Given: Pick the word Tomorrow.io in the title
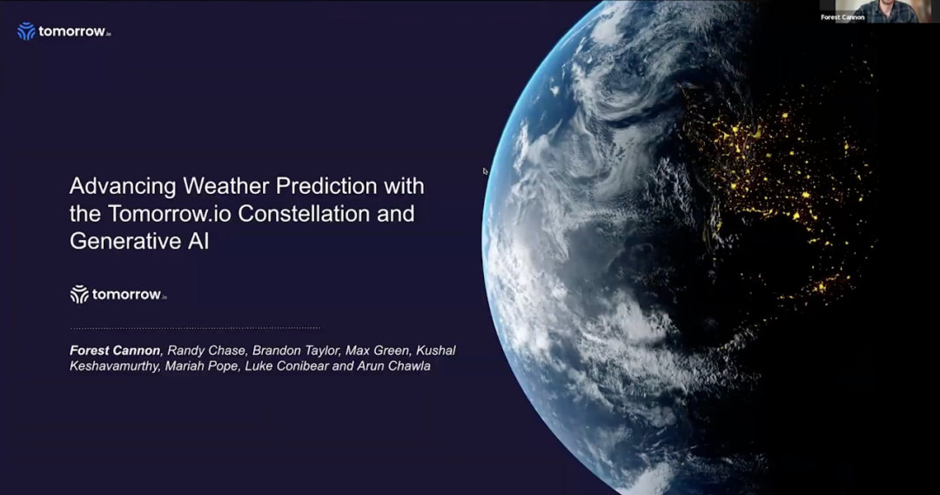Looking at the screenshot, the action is coord(170,213).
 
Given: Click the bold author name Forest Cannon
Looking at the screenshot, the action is coord(115,351).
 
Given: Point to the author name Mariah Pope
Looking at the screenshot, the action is coord(203,366).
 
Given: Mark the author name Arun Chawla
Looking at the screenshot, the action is coord(394,366).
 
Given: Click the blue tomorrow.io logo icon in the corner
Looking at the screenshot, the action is coord(26,31).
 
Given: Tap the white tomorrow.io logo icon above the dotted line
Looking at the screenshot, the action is coord(79,294).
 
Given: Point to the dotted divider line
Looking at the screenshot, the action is coord(195,328).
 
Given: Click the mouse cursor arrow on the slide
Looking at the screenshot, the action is coord(485,171).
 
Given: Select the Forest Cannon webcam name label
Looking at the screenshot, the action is coord(843,17).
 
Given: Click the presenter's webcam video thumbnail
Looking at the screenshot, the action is coord(877,11).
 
